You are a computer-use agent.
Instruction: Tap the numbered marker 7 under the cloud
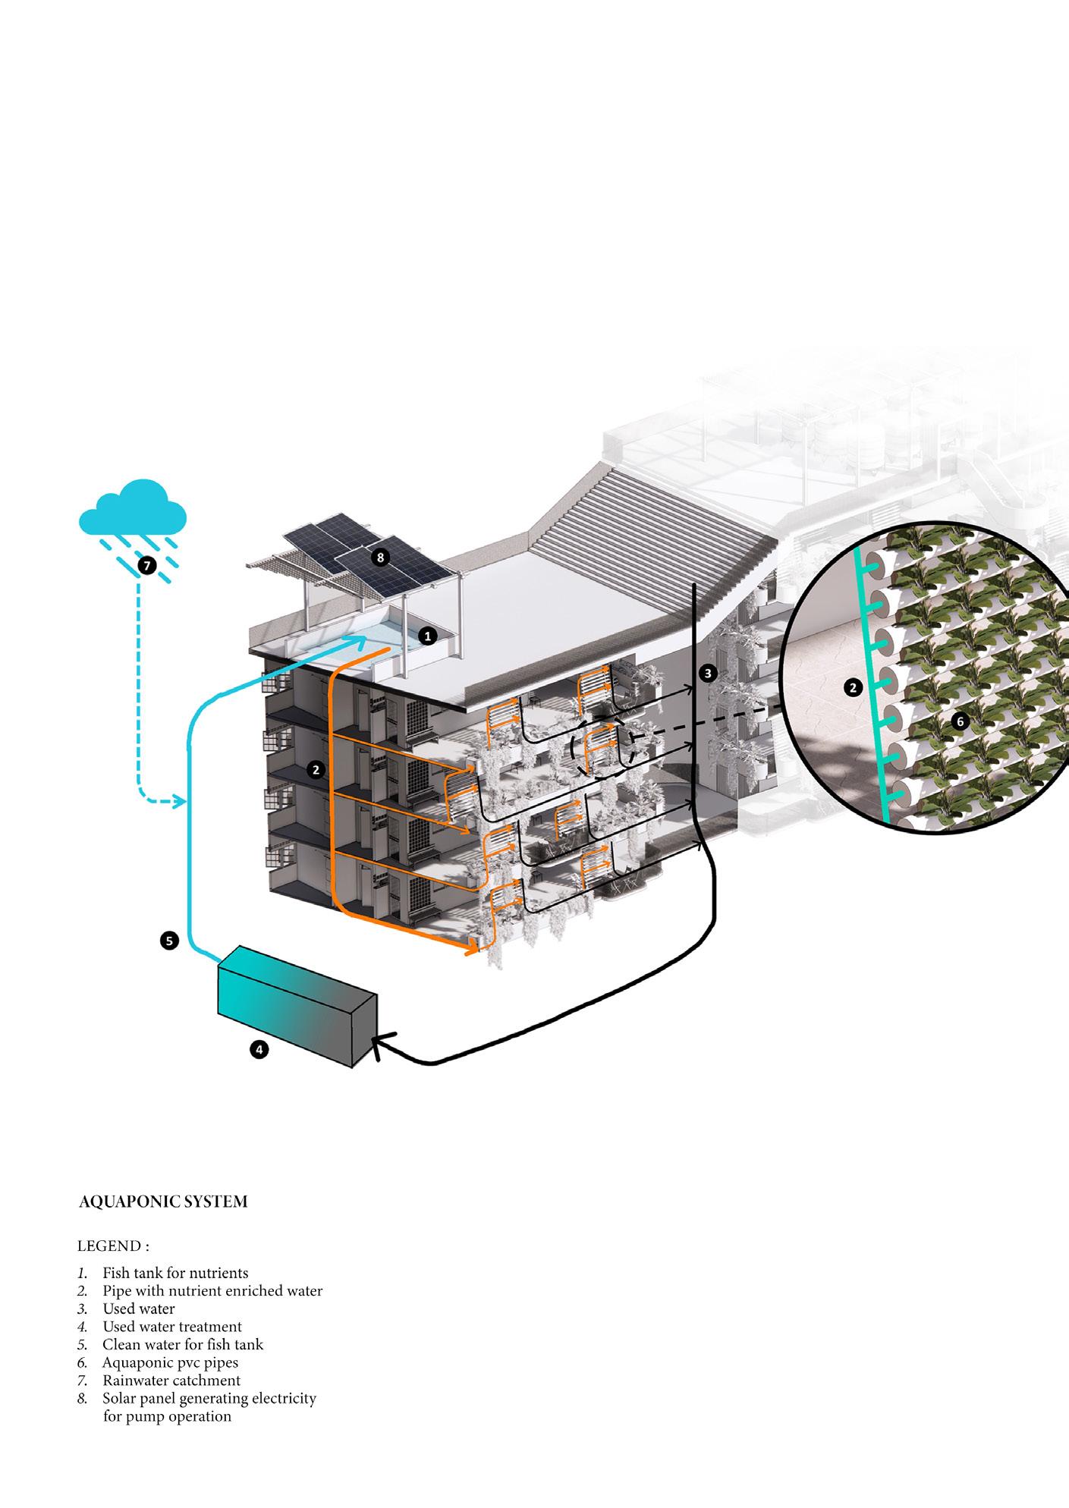tap(147, 565)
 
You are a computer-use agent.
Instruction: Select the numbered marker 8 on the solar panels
tap(381, 558)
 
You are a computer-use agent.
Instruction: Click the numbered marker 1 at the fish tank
tap(427, 636)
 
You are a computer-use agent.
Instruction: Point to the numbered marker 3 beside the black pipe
tap(708, 673)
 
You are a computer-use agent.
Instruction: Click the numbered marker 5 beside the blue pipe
tap(169, 941)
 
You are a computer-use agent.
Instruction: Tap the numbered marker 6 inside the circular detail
tap(960, 721)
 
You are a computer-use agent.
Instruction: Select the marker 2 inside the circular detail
tap(854, 688)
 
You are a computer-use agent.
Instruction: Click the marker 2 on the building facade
tap(316, 770)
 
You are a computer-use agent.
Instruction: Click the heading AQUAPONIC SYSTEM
tap(163, 1202)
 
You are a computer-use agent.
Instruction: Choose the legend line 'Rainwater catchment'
tap(171, 1381)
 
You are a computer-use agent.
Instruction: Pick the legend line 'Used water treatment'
tap(172, 1327)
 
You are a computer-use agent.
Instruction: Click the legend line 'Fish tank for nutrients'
tap(175, 1273)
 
